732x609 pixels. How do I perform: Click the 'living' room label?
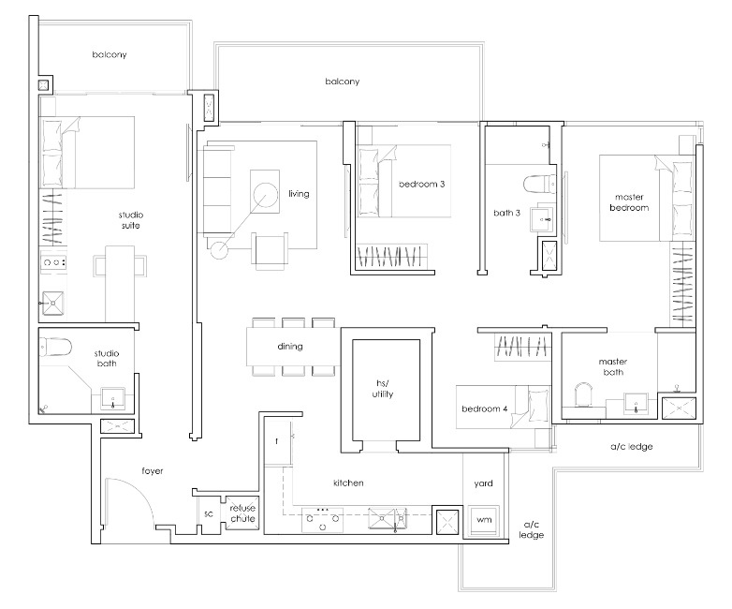299,194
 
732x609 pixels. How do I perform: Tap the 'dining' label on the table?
290,347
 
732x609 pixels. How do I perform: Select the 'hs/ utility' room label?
382,389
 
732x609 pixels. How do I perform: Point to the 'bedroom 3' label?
421,185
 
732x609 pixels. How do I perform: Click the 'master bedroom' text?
629,202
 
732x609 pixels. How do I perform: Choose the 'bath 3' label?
506,213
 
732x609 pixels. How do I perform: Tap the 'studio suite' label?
131,220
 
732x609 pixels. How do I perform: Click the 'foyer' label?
153,471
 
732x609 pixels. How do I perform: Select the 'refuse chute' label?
242,513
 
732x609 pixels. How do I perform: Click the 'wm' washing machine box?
484,520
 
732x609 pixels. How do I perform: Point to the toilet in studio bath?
55,348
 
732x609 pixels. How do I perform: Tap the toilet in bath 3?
540,184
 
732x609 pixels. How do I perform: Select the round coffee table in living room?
266,194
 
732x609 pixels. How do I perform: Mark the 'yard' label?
483,483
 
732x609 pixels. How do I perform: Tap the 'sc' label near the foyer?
209,513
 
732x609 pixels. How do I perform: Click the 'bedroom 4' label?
485,408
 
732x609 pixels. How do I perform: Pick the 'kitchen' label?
348,483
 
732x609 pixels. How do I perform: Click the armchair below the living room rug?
270,251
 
